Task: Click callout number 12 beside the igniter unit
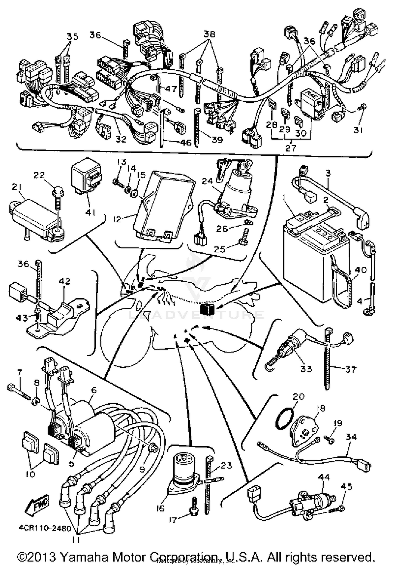(118, 219)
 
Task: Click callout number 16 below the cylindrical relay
(160, 508)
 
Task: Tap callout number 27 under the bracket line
(291, 148)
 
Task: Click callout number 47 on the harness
(171, 89)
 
